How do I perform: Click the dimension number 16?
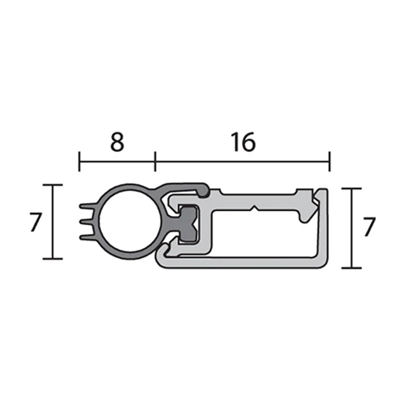pyautogui.click(x=243, y=142)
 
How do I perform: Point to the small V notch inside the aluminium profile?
pyautogui.click(x=254, y=209)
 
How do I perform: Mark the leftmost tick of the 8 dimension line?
pyautogui.click(x=79, y=161)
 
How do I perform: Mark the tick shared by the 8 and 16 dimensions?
pyautogui.click(x=155, y=161)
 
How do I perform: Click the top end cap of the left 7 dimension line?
pyautogui.click(x=53, y=185)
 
